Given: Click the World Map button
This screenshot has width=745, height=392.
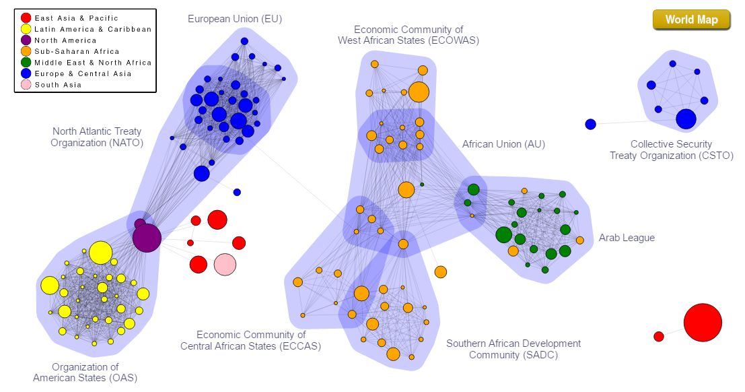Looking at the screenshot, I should coord(691,20).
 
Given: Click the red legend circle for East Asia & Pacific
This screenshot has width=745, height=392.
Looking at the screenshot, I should coord(26,18).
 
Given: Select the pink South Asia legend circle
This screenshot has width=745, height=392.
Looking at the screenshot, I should coord(26,85).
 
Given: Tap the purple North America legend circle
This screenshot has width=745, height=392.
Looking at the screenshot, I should coord(26,40).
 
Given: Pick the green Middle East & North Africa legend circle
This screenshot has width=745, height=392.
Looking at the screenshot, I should coord(26,63).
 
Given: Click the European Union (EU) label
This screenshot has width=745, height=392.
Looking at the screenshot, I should coord(234,19).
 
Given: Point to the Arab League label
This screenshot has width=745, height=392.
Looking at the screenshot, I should coord(627,238).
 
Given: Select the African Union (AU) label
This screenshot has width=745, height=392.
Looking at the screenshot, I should coord(503,144).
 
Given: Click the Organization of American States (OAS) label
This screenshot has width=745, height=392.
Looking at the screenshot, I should coord(85,372).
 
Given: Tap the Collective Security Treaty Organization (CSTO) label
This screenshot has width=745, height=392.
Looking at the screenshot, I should coord(671,150).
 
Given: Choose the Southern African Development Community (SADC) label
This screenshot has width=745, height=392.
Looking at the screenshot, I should coord(513,349).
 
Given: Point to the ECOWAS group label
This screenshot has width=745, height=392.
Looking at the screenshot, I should coord(409,35).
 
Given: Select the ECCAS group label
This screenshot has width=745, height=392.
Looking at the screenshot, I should coord(250,340).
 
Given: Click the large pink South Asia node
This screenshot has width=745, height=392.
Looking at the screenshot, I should coord(225,265).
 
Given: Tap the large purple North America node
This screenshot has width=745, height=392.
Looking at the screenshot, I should coord(147,238).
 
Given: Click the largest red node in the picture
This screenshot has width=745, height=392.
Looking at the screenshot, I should coord(703,323).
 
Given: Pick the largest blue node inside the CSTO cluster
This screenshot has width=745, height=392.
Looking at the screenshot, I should coord(686,119).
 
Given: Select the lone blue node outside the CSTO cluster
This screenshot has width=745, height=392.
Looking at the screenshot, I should coord(590,124).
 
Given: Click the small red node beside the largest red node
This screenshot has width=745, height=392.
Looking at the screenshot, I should coord(659,336).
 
